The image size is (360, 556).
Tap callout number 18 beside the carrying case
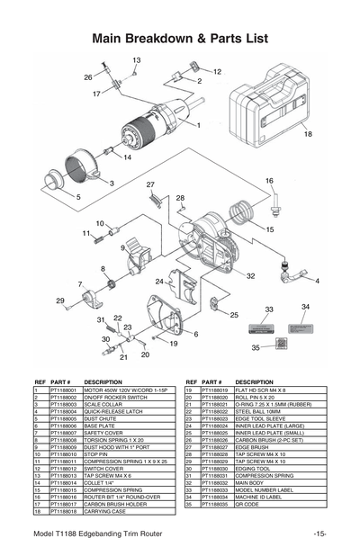pyautogui.click(x=307, y=134)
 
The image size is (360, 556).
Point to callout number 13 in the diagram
pyautogui.click(x=136, y=60)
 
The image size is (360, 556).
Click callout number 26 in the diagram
pyautogui.click(x=88, y=77)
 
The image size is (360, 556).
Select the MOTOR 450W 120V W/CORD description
pyautogui.click(x=125, y=390)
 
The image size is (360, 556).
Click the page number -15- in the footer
pyautogui.click(x=319, y=534)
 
